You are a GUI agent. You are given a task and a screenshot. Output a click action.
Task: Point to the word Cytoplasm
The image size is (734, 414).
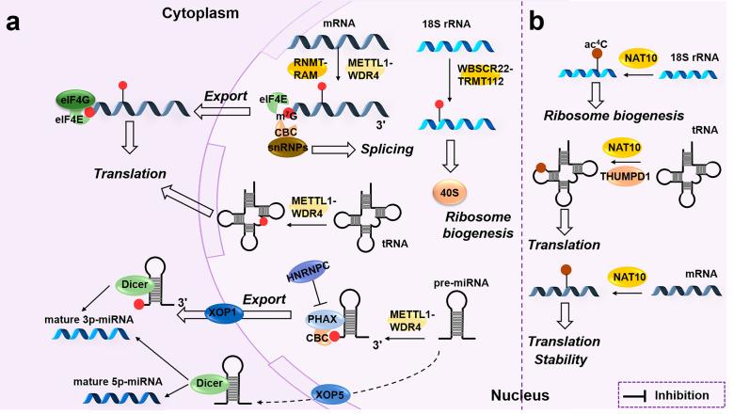(x=198, y=12)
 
